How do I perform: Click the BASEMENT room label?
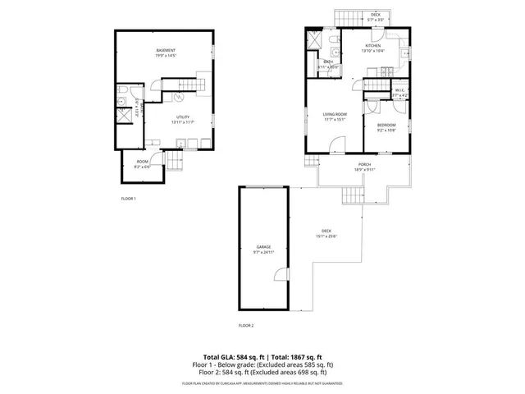pos(167,52)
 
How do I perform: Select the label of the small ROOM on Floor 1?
pos(142,161)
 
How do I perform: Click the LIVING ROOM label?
pos(335,114)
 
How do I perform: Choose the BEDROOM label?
pos(386,125)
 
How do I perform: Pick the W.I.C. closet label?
pos(399,92)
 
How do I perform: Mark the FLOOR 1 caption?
pos(128,199)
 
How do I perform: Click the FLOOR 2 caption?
pos(246,326)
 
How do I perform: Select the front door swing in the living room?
pos(337,147)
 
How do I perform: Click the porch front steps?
pos(352,195)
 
